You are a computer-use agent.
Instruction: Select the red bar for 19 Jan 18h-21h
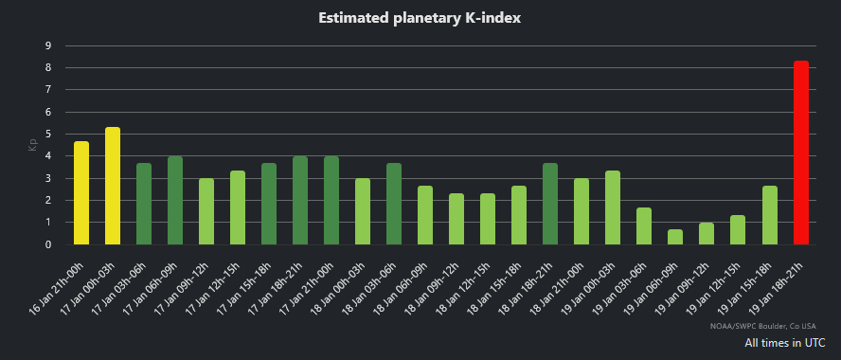pos(800,153)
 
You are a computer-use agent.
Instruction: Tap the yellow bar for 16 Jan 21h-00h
pos(81,193)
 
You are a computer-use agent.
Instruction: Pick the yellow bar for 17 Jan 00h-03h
pos(113,186)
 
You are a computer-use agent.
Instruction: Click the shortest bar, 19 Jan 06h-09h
pos(675,237)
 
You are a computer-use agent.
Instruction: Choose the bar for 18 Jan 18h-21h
pos(550,204)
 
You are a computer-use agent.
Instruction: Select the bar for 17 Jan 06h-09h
pos(175,201)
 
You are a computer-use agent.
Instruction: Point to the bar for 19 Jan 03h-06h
pos(644,226)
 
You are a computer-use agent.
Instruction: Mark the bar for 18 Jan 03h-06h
pos(394,204)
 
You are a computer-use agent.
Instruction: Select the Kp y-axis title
pos(30,145)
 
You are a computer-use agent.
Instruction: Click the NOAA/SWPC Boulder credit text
pos(767,326)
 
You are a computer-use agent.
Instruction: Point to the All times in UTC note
pos(784,342)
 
